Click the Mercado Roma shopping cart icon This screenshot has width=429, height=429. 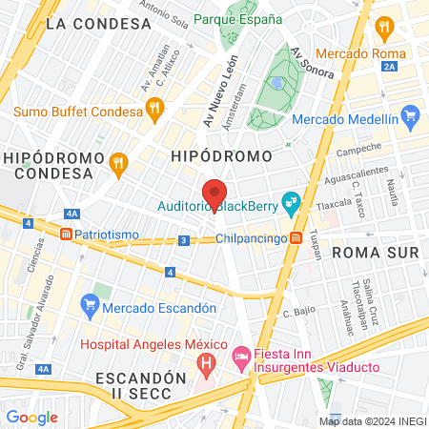coord(386,26)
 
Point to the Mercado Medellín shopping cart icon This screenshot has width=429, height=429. coord(411,119)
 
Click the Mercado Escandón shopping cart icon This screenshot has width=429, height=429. coord(91,307)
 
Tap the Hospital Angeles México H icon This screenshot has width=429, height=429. coord(205,362)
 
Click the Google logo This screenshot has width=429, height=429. coord(31,417)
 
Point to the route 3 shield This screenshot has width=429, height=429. coord(181,241)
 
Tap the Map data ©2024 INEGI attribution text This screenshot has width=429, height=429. coord(371,420)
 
